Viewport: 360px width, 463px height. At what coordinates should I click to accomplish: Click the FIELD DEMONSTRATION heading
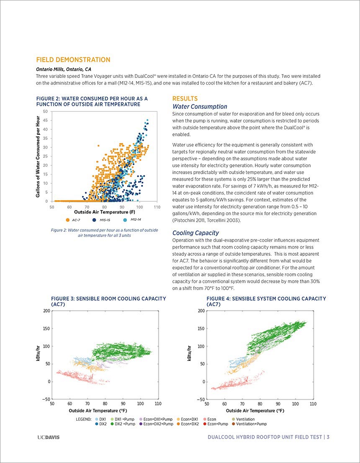tap(73, 59)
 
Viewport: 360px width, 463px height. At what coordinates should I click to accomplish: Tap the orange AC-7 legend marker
tap(68, 220)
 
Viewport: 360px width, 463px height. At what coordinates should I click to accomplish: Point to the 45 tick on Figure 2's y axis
tap(46, 121)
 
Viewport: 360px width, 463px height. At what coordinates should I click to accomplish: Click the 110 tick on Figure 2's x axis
tap(157, 207)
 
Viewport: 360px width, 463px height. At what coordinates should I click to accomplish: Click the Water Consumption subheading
tap(200, 107)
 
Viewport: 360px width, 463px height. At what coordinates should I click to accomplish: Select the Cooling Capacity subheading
tap(195, 233)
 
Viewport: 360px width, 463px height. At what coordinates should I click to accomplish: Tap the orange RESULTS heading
tap(185, 99)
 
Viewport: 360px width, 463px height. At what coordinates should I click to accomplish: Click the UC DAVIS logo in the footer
tap(49, 437)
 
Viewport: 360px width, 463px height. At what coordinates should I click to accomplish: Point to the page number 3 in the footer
tap(328, 437)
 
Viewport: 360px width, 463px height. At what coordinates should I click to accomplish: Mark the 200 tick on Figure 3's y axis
tap(46, 311)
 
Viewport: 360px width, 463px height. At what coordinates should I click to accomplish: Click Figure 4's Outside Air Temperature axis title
tap(255, 410)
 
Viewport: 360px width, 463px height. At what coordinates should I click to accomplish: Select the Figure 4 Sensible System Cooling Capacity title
tap(266, 301)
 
